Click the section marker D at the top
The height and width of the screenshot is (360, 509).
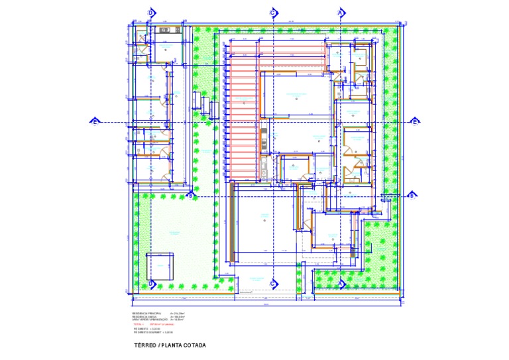[x=150, y=13]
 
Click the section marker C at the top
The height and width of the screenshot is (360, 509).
[x=272, y=13]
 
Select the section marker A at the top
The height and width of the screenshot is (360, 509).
[x=341, y=13]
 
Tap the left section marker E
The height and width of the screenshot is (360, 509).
[x=95, y=121]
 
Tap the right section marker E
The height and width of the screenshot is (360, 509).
[x=415, y=121]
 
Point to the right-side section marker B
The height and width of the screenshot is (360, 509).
[x=411, y=195]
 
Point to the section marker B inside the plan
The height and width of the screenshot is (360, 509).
[x=190, y=195]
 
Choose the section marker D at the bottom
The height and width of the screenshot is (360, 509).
[x=150, y=284]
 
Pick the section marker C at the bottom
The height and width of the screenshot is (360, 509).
[x=272, y=284]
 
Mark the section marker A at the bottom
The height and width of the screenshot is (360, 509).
[x=341, y=284]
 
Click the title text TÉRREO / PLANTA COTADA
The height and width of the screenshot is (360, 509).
[x=170, y=345]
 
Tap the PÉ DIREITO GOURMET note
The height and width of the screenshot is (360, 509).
[x=154, y=331]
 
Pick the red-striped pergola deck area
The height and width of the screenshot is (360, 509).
[x=243, y=113]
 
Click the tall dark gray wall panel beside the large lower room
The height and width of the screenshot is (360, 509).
[x=232, y=222]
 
